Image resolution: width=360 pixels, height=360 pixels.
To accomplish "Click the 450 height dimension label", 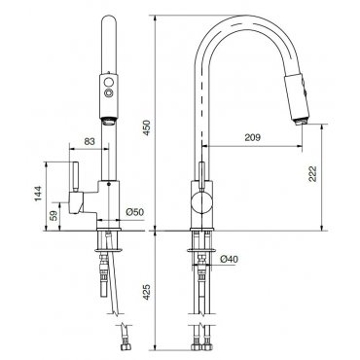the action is coord(147,127).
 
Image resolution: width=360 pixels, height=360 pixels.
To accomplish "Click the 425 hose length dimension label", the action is coord(147,292).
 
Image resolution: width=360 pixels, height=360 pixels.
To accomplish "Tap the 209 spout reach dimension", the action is coord(252,137).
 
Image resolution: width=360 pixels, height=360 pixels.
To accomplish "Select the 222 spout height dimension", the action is coord(312,174).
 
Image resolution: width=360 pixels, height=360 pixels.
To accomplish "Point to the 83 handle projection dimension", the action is coord(90,141).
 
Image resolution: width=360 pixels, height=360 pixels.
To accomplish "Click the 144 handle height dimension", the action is coord(39,194).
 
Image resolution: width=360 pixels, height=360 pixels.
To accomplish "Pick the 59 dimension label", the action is coord(54,216).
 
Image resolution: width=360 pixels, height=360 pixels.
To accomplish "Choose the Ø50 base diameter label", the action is coord(134,212).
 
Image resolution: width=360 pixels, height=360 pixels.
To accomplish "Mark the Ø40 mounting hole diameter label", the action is coord(229,259).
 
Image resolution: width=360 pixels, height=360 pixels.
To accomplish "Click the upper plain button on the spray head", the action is coord(109,81).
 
